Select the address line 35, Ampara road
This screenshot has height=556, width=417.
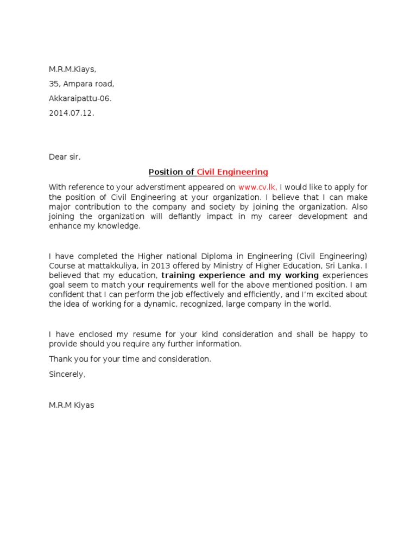tap(81, 84)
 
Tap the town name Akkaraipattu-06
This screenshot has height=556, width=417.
tap(81, 98)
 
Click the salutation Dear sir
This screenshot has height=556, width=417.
tap(65, 157)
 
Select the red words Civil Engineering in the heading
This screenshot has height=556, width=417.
tap(232, 172)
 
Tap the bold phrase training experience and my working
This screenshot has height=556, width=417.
tap(240, 275)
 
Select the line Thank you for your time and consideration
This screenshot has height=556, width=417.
tap(130, 359)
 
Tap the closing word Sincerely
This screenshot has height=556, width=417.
tap(67, 374)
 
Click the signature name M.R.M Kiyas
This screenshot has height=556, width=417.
tap(71, 405)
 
